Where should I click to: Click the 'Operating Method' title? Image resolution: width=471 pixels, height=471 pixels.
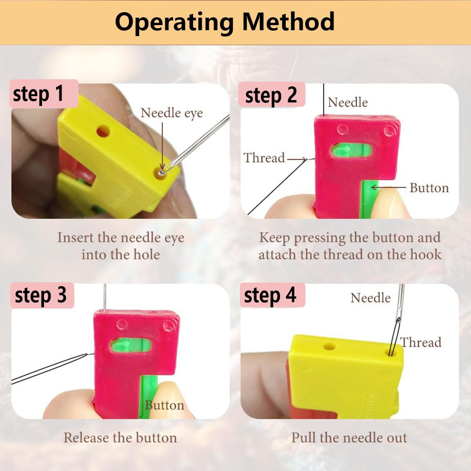pyautogui.click(x=225, y=22)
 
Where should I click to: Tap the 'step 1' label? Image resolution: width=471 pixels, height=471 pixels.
pyautogui.click(x=38, y=94)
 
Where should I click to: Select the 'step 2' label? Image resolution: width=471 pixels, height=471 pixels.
pyautogui.click(x=271, y=95)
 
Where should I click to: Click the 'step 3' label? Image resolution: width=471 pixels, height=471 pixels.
pyautogui.click(x=40, y=295)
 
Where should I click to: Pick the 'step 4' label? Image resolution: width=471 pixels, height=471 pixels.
pyautogui.click(x=270, y=295)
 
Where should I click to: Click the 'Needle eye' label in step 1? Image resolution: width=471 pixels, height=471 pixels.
pyautogui.click(x=172, y=113)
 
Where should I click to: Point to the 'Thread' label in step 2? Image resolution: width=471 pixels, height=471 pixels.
pyautogui.click(x=264, y=158)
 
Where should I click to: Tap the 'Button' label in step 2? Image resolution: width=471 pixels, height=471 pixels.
pyautogui.click(x=429, y=188)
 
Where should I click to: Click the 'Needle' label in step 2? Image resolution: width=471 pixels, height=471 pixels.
pyautogui.click(x=348, y=102)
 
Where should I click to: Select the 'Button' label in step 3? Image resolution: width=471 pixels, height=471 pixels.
pyautogui.click(x=164, y=405)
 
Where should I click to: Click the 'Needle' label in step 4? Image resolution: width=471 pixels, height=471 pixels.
pyautogui.click(x=370, y=298)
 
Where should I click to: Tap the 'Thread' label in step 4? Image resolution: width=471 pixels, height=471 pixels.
pyautogui.click(x=421, y=342)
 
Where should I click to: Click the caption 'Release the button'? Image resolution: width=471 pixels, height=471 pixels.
pyautogui.click(x=120, y=438)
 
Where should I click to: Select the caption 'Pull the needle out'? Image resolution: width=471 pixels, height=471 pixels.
pyautogui.click(x=349, y=438)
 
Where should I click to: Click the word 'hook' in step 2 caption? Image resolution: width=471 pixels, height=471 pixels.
pyautogui.click(x=426, y=254)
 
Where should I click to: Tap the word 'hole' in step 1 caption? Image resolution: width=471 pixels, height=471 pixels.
pyautogui.click(x=146, y=254)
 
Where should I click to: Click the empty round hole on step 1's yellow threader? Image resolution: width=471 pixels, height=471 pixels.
pyautogui.click(x=103, y=131)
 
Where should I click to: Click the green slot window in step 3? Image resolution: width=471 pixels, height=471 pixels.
pyautogui.click(x=130, y=345)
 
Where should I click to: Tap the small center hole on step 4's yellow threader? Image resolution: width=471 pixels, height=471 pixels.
pyautogui.click(x=329, y=347)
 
